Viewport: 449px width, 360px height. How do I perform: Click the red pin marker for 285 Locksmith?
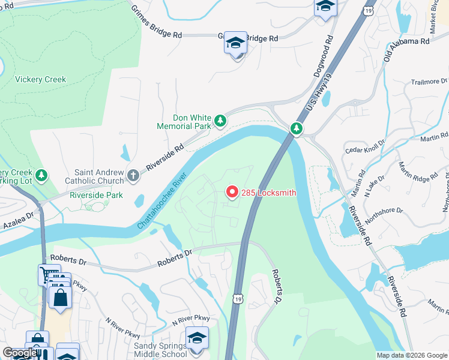[232, 191]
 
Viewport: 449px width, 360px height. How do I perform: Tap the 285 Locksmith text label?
[268, 193]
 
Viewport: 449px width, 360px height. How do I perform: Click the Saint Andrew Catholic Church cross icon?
[133, 176]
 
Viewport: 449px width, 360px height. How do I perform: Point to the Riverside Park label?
[96, 195]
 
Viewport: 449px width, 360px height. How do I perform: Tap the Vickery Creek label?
[40, 79]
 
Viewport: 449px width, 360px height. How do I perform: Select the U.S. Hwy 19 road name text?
[318, 93]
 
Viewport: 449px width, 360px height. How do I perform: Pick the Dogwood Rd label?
[322, 58]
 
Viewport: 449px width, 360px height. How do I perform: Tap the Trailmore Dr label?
[429, 81]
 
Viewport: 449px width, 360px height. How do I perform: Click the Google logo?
[20, 353]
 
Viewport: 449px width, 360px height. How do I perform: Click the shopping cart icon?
[48, 275]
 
